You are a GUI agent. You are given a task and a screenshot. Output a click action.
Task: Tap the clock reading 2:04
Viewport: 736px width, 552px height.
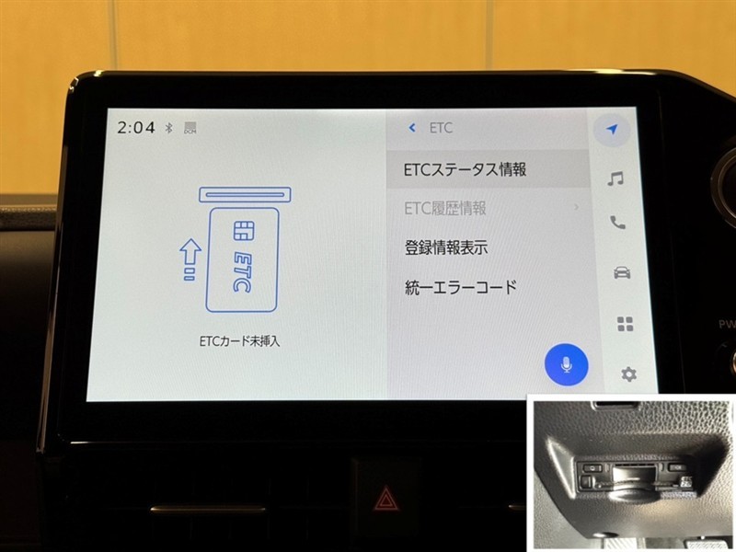click(135, 127)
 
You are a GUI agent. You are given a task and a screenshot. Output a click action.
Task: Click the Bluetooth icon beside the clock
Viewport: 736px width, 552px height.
click(169, 127)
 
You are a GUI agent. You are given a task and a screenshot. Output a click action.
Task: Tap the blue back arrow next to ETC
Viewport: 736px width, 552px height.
click(412, 128)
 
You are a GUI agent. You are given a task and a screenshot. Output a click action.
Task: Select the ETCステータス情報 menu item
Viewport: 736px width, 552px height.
click(465, 169)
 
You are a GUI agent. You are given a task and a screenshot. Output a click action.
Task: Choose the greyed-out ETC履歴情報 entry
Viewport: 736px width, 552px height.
click(445, 208)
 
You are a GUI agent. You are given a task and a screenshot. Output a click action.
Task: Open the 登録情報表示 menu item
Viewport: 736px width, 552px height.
click(446, 247)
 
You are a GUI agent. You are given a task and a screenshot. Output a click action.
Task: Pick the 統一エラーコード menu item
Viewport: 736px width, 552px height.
click(461, 287)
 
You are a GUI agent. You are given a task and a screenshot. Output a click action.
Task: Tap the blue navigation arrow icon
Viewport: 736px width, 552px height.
click(612, 130)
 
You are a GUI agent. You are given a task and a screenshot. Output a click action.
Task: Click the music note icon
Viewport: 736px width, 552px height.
click(615, 178)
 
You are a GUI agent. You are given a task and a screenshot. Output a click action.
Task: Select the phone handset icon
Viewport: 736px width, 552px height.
click(617, 222)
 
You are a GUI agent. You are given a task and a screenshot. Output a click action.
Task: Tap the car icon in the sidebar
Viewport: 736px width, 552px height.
click(622, 272)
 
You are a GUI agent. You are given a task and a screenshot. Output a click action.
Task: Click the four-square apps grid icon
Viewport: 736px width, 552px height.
click(626, 324)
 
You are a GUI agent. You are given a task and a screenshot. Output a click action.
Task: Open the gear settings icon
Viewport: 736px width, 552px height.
click(628, 374)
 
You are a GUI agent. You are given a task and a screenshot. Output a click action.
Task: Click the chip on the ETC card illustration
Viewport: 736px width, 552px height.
click(244, 231)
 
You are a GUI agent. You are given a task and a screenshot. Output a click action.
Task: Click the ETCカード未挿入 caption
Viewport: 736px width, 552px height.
click(239, 341)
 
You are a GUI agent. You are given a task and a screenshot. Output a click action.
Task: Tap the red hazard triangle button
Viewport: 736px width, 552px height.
click(385, 499)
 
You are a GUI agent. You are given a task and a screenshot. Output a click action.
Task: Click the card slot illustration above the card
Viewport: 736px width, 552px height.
click(245, 195)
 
